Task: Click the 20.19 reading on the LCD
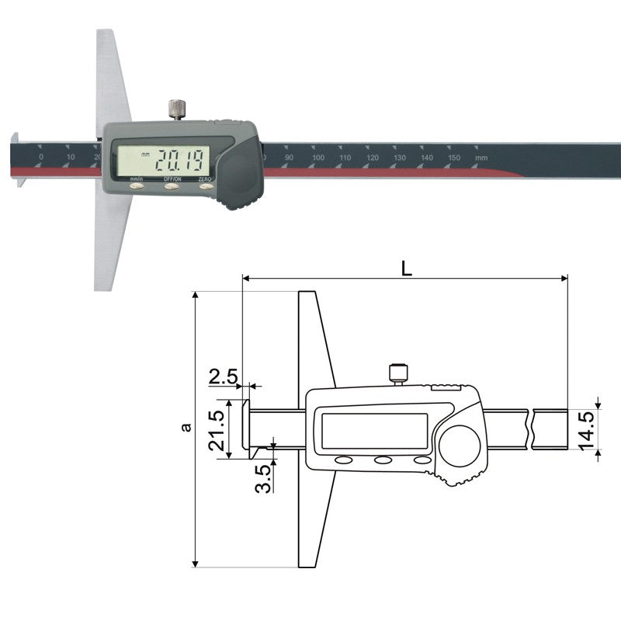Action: pyautogui.click(x=179, y=161)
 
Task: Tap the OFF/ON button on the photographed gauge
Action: pyautogui.click(x=172, y=186)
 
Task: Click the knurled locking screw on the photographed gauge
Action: pyautogui.click(x=178, y=109)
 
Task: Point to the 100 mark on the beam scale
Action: pyautogui.click(x=317, y=158)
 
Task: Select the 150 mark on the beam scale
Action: pyautogui.click(x=454, y=158)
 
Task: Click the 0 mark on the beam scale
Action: pyautogui.click(x=40, y=158)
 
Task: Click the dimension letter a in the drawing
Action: pyautogui.click(x=184, y=427)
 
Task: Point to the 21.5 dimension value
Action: pyautogui.click(x=217, y=429)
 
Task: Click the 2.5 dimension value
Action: pyautogui.click(x=224, y=378)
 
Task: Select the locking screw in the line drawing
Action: pyautogui.click(x=399, y=373)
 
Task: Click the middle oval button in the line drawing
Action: pyautogui.click(x=383, y=460)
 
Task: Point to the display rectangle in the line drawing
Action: pyautogui.click(x=374, y=431)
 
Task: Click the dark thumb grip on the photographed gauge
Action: pyautogui.click(x=241, y=177)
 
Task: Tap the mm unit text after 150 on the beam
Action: pyautogui.click(x=481, y=158)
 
